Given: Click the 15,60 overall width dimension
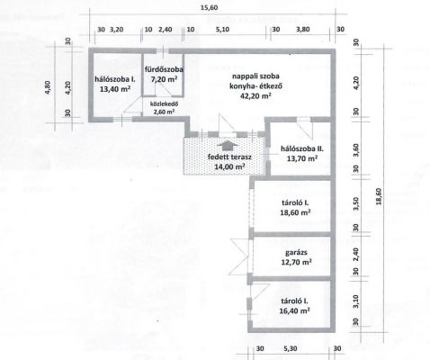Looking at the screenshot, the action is tap(210, 7).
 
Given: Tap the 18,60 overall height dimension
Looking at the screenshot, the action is tap(379, 196).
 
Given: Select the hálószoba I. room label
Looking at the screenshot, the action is tap(115, 79).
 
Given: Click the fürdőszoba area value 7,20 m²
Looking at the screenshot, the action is tap(164, 79).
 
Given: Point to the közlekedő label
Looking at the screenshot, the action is tap(164, 104).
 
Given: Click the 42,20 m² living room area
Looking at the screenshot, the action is tap(255, 96).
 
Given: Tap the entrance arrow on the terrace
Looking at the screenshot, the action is tap(228, 147).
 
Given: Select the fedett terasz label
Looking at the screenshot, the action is tap(229, 157).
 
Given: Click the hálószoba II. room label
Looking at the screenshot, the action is tap(302, 148).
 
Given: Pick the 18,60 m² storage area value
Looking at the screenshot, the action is tap(295, 212).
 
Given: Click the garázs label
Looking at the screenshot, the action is tap(296, 253).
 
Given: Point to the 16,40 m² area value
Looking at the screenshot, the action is tap(294, 310).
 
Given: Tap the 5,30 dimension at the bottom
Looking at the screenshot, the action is tap(290, 348).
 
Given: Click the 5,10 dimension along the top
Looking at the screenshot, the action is tap(222, 30).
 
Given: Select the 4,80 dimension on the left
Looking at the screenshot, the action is tap(48, 87).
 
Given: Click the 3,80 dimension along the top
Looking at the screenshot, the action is tap(303, 30).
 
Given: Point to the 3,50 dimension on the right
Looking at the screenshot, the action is tap(356, 203).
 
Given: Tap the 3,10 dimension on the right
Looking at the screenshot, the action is tap(356, 301).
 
